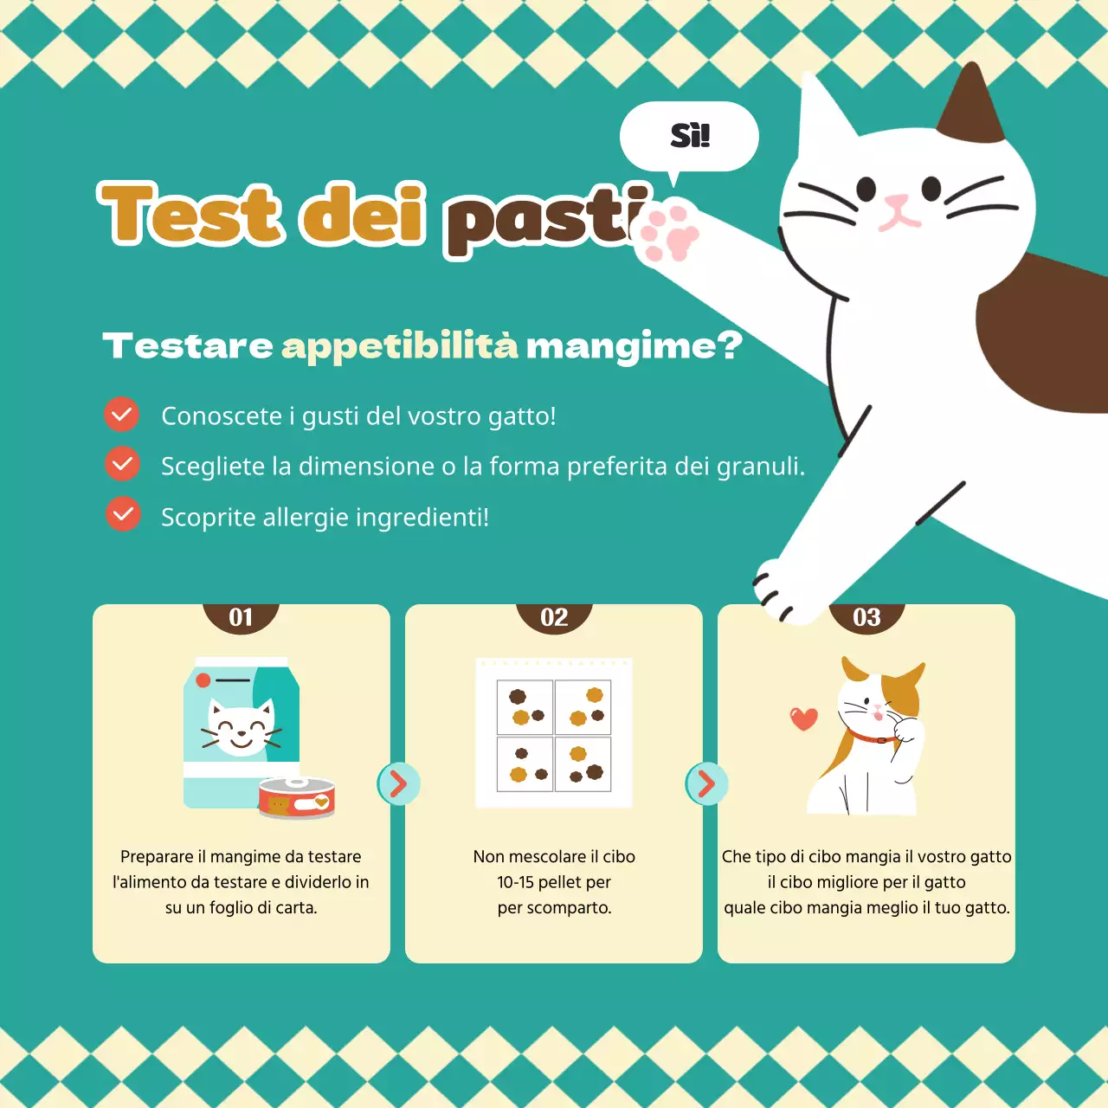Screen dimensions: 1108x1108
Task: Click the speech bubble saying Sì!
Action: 689,137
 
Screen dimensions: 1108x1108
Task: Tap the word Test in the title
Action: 190,214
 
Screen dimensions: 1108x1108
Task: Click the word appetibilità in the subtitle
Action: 399,346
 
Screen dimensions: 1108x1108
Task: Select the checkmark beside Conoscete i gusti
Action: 122,415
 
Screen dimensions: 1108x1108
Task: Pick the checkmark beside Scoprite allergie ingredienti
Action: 123,515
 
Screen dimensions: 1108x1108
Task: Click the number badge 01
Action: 241,617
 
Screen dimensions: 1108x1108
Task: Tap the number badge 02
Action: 554,617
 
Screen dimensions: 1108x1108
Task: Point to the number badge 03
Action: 866,617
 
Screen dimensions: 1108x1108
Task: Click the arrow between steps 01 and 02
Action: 398,784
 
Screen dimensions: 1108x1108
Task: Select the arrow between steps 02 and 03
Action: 706,784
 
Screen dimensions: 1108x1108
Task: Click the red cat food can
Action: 296,798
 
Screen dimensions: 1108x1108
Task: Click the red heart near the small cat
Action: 804,718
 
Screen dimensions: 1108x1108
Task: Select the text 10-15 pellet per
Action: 554,882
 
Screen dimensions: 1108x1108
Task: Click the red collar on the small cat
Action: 873,738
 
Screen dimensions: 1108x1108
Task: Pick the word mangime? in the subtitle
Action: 634,346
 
